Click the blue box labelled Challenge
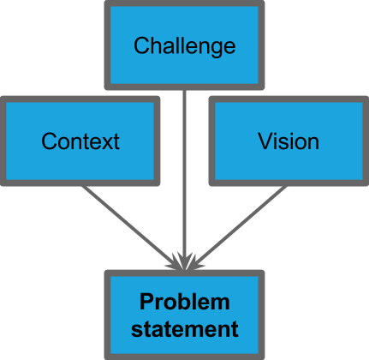point(184,44)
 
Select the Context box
point(80,141)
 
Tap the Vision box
point(289,141)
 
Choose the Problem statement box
point(184,315)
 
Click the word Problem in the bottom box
point(185,303)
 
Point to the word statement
point(185,327)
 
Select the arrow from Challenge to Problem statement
point(184,171)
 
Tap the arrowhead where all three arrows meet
point(184,260)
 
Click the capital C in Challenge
point(141,45)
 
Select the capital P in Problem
point(146,303)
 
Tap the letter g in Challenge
point(219,46)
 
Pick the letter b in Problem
point(188,303)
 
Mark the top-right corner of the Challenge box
point(263,3)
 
